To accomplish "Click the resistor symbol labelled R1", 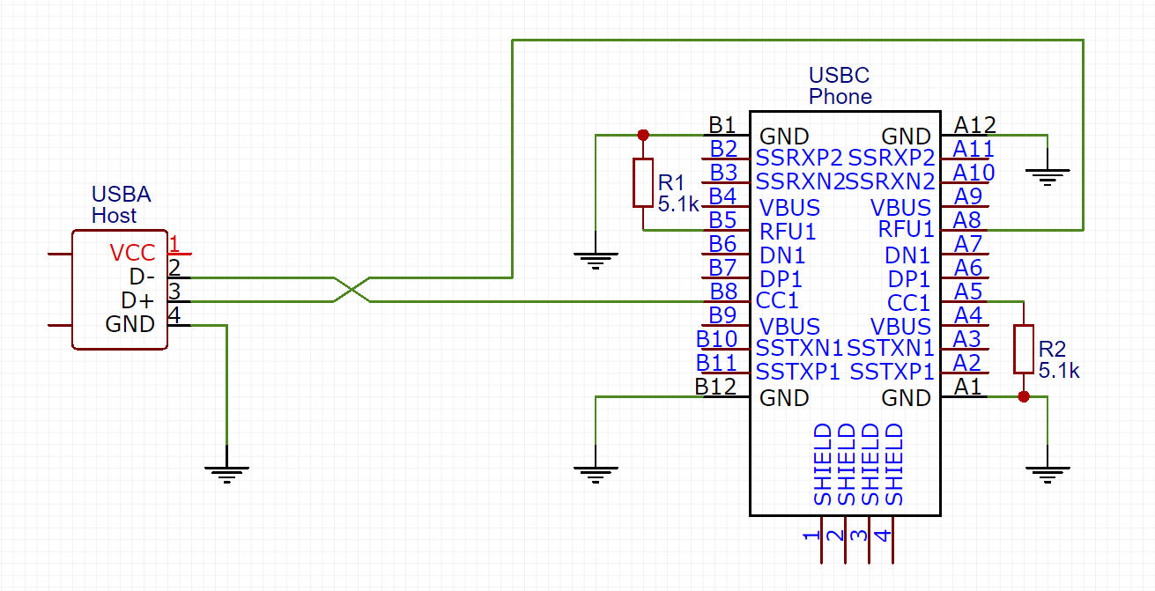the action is [643, 182].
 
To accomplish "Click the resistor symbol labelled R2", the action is [1024, 349].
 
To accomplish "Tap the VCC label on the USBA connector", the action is [132, 253].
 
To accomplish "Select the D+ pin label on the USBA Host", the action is [137, 300].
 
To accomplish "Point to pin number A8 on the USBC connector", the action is [966, 220].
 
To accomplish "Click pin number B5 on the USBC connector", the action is [722, 220].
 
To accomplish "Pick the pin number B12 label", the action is [715, 387].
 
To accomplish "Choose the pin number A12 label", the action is [974, 125].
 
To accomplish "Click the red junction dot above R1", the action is [643, 135].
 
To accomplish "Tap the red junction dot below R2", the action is [1024, 396].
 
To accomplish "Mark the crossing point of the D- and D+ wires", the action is [352, 289].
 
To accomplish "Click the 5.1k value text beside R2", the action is [1059, 370].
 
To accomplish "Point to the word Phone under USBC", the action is [840, 96].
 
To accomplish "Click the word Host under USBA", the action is [114, 216].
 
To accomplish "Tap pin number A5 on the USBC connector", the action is [968, 292].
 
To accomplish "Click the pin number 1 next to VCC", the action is [174, 244].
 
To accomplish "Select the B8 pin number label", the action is [723, 292].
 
